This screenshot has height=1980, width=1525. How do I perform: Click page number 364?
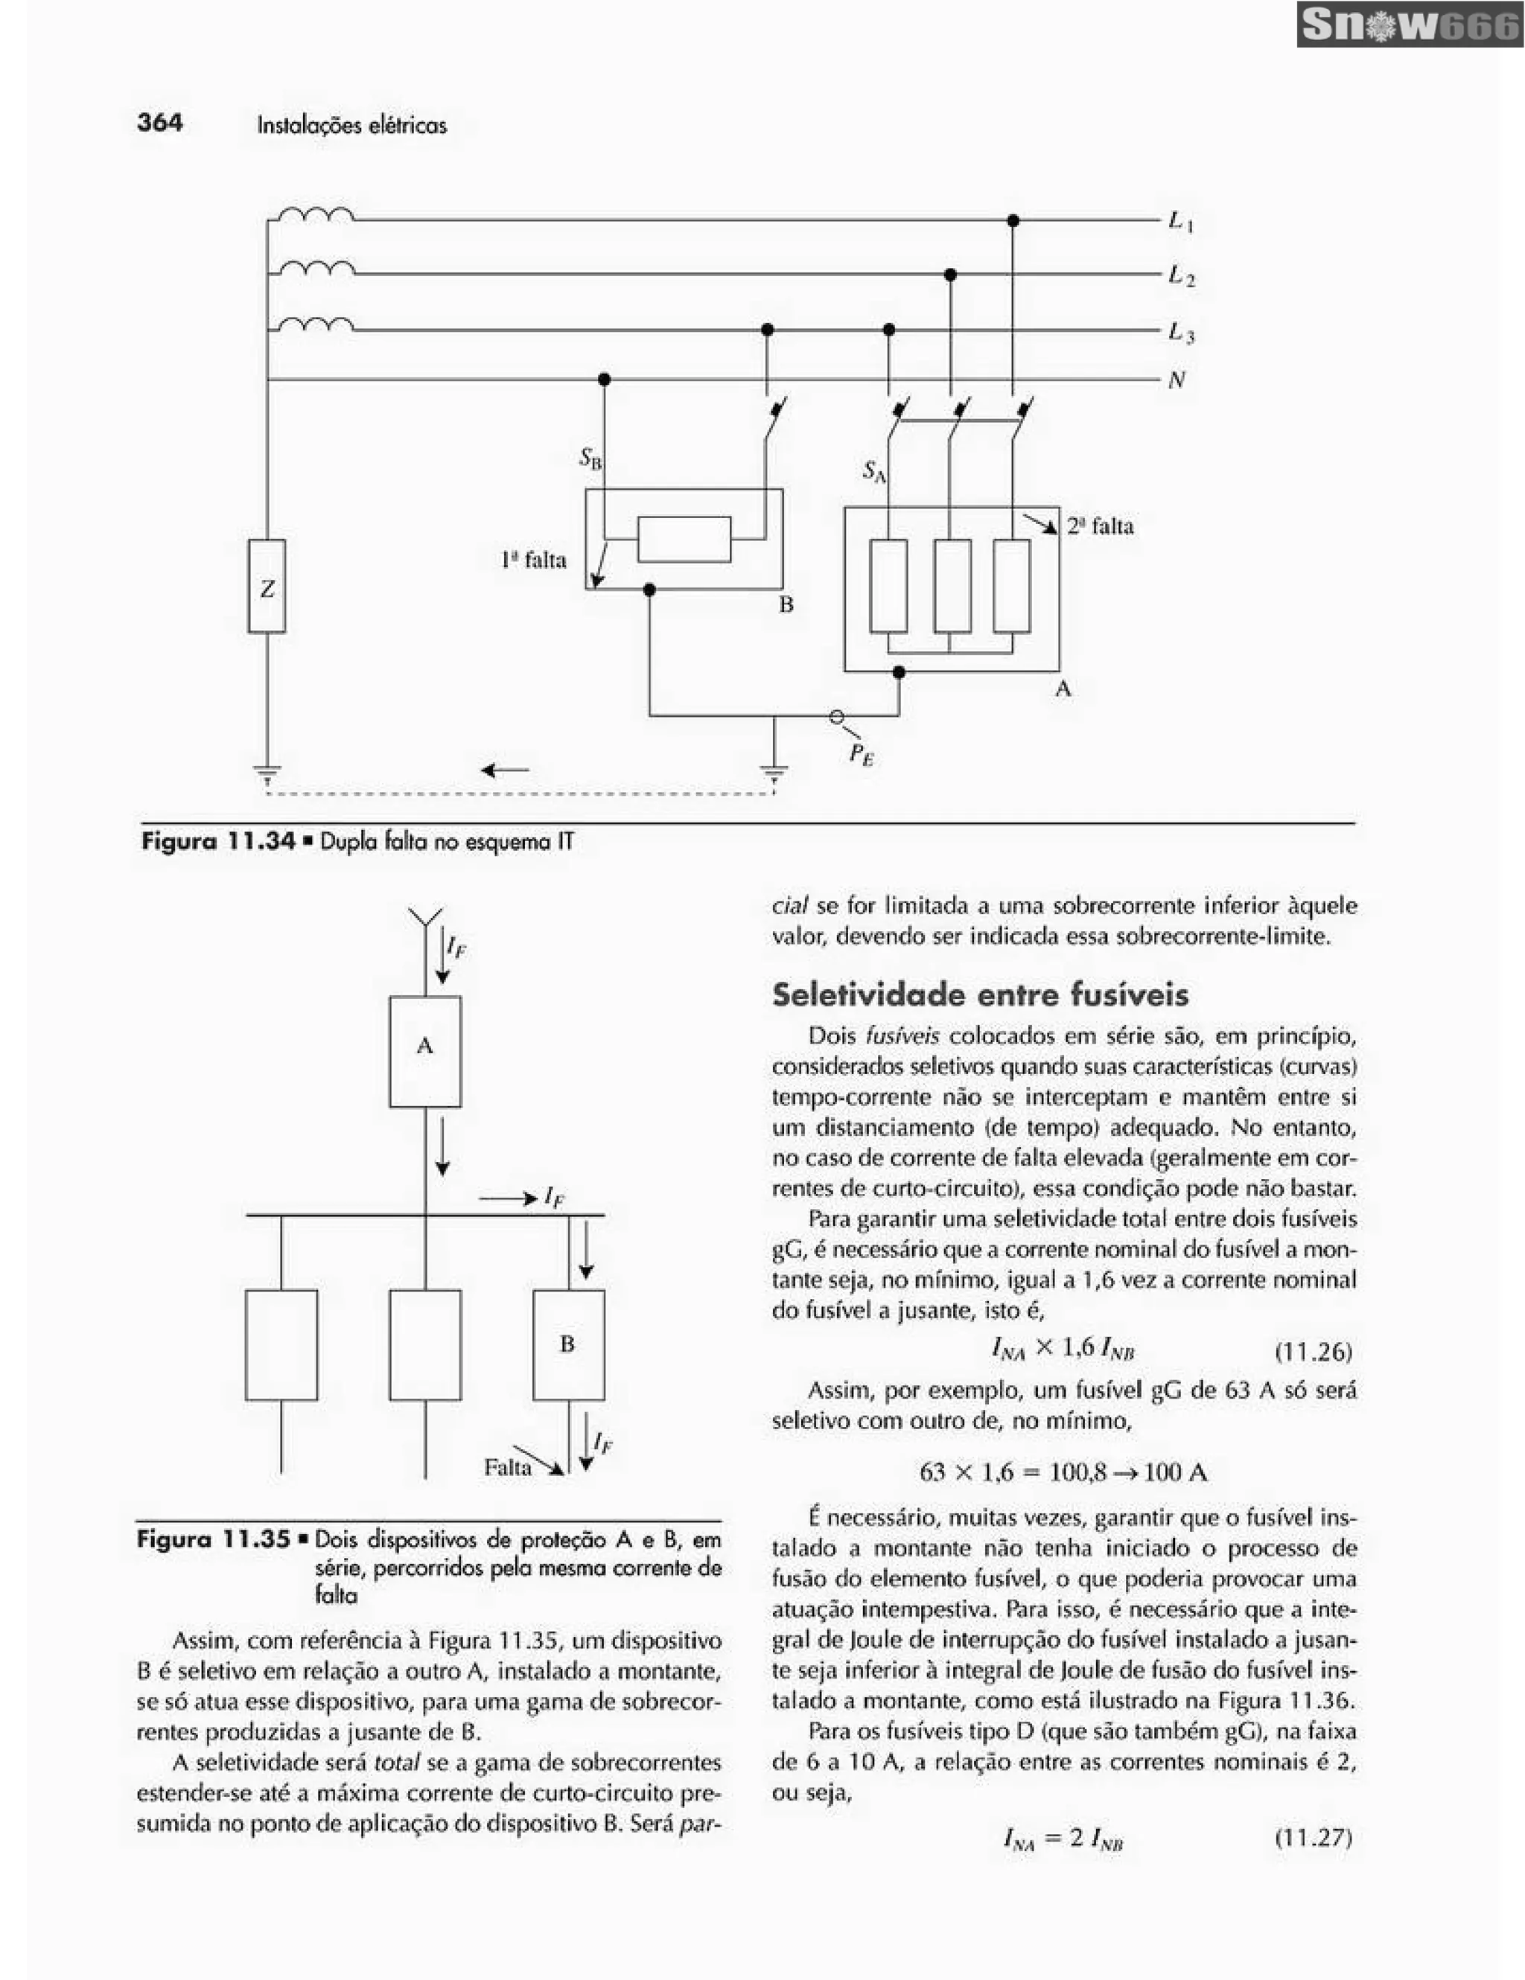(x=159, y=122)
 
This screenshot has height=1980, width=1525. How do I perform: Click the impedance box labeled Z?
(x=267, y=587)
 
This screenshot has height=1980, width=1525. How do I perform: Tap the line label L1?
(x=1180, y=221)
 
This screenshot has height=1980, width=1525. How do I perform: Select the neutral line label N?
(x=1177, y=381)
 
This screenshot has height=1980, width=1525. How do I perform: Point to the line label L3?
(x=1180, y=333)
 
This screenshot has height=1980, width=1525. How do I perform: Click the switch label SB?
(x=590, y=459)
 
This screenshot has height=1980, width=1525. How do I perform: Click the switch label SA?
(x=874, y=471)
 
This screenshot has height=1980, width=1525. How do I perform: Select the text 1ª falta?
(x=533, y=561)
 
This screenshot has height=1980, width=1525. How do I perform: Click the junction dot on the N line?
(x=605, y=379)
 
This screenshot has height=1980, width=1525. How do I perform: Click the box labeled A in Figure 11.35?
(x=425, y=1051)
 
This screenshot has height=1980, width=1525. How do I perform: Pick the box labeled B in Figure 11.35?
(x=568, y=1344)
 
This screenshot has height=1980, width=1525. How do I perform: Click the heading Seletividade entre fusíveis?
(x=980, y=995)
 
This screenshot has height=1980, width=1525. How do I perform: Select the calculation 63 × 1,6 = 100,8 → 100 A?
(x=1063, y=1472)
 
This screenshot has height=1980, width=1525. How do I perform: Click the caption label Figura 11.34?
(x=218, y=841)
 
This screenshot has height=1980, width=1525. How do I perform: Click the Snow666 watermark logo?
(x=1410, y=25)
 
